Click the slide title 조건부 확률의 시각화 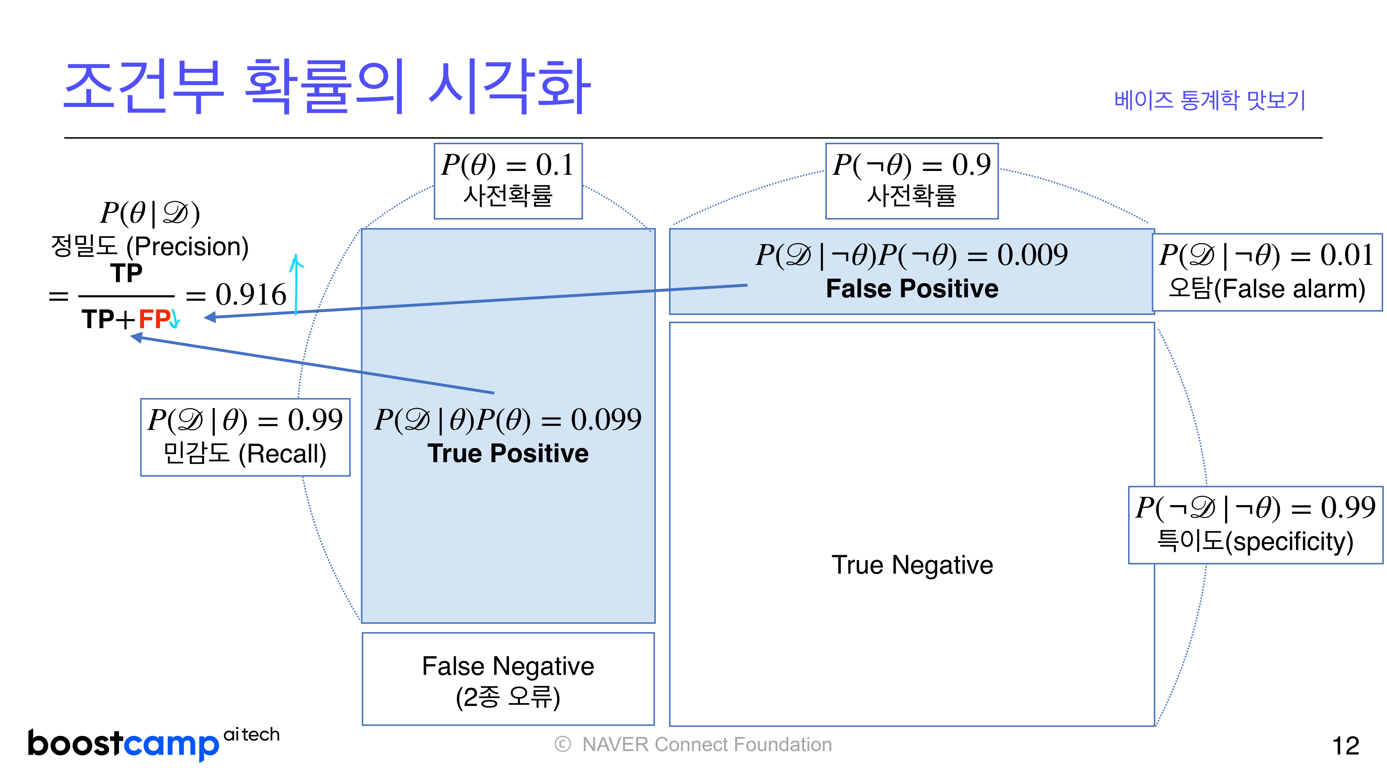click(327, 87)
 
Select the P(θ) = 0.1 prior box click(508, 181)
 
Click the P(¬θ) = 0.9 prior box click(911, 181)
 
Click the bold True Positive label click(508, 453)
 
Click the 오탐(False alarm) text click(1266, 289)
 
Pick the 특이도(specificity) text click(1255, 541)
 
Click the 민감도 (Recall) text click(245, 454)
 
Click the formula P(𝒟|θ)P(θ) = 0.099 click(508, 420)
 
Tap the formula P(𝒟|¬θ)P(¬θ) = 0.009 click(911, 255)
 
